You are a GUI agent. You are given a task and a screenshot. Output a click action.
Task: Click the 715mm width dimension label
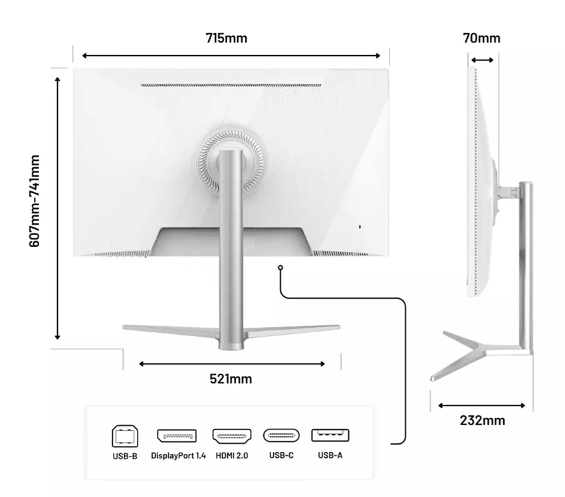(226, 38)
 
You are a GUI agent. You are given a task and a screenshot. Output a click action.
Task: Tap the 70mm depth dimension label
(481, 38)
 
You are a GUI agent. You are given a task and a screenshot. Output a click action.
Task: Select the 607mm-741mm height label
(34, 201)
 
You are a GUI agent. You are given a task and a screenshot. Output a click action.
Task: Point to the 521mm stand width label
(231, 379)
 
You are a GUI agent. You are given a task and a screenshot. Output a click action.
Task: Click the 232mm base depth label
(482, 421)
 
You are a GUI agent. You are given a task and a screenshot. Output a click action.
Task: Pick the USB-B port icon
(125, 436)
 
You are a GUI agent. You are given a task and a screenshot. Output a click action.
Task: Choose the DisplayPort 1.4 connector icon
(177, 436)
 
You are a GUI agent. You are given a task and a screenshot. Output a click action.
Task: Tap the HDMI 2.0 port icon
(232, 436)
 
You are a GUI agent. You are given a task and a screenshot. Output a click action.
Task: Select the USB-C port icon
(281, 435)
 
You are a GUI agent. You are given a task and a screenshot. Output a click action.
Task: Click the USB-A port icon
(330, 435)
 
